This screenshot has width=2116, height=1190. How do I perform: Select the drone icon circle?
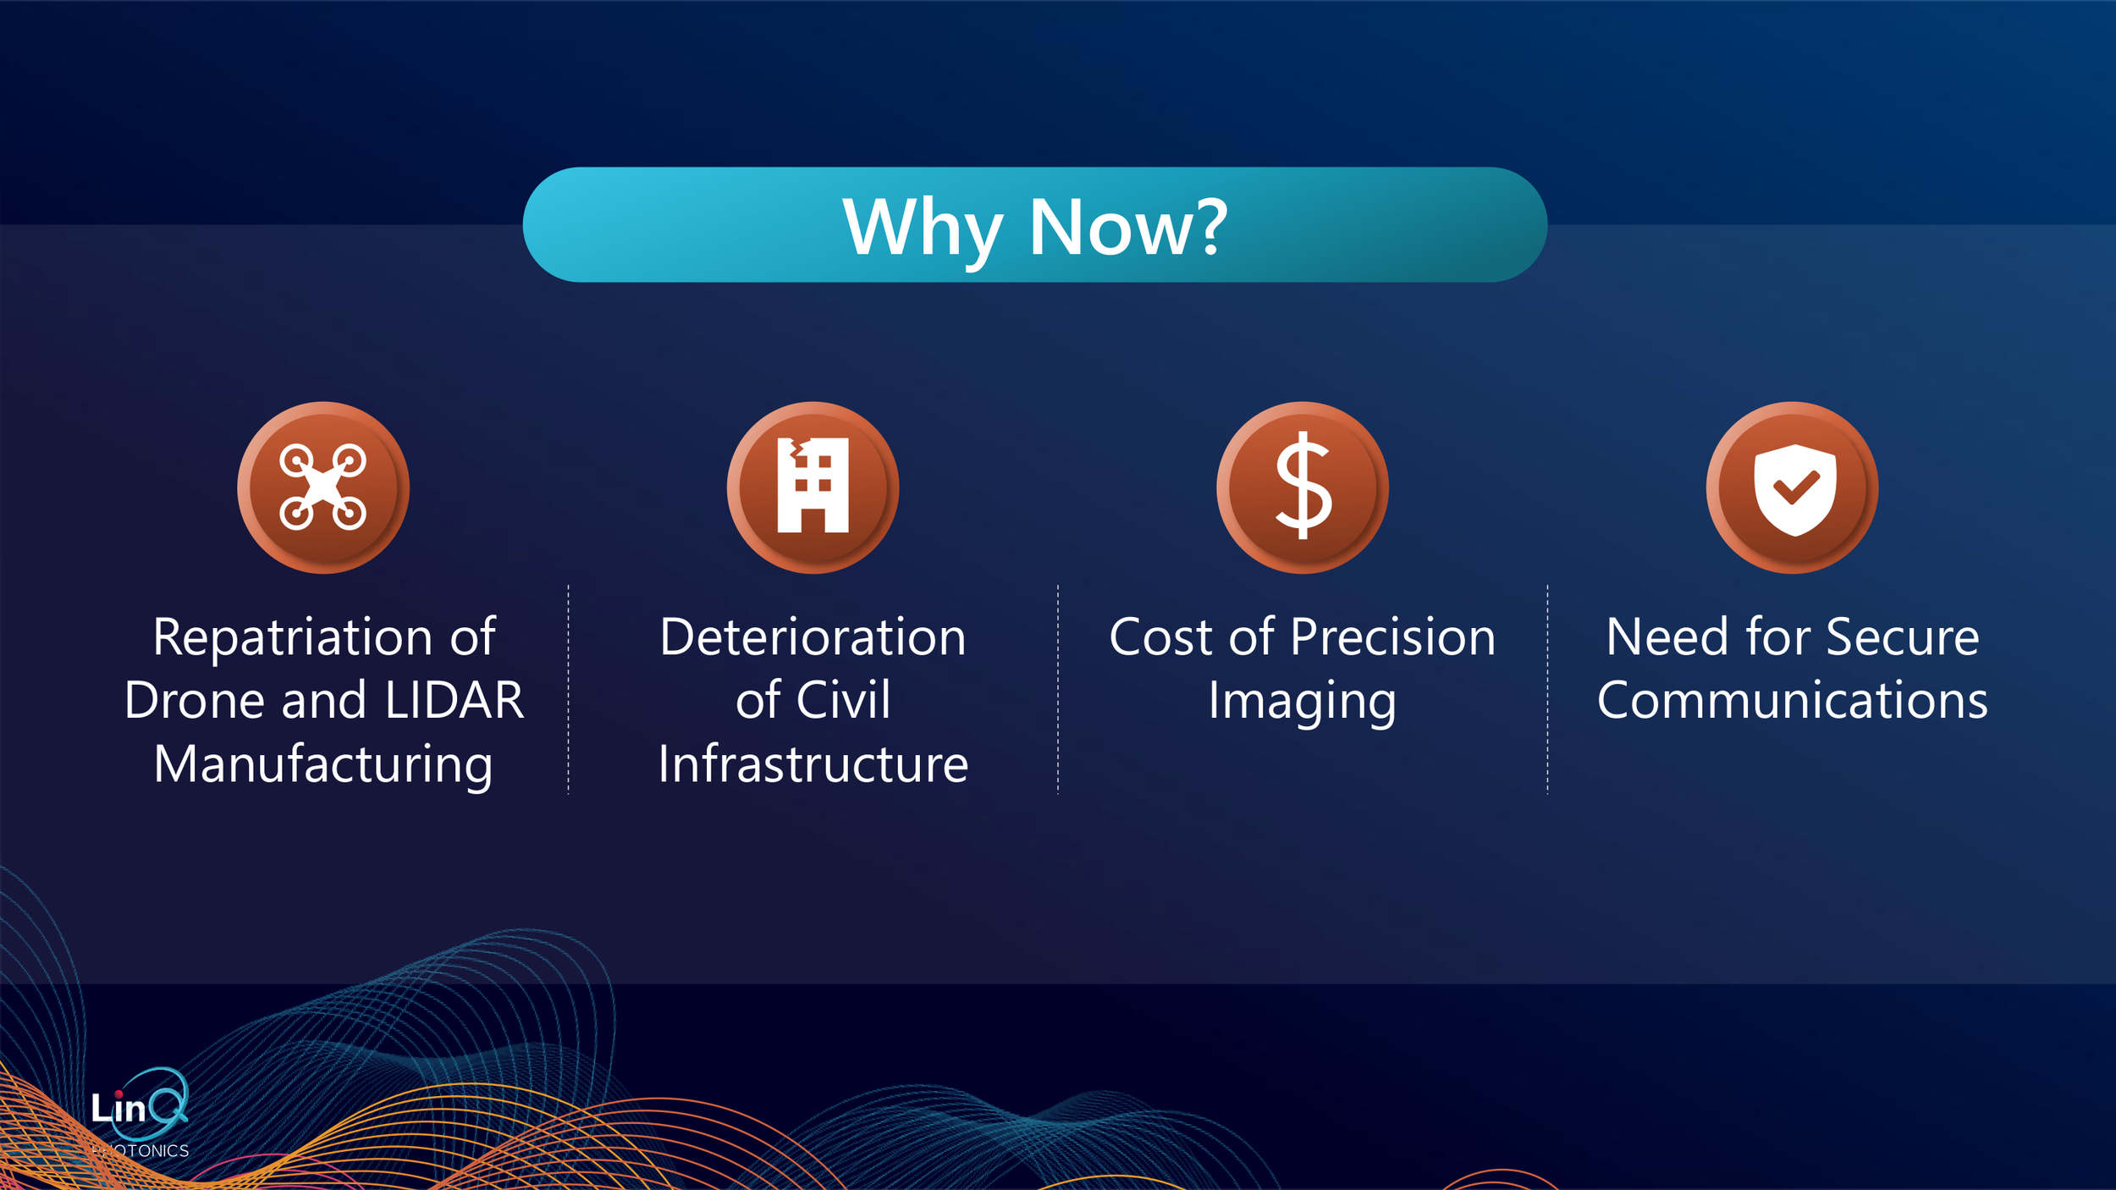(323, 488)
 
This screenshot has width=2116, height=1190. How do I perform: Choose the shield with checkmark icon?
(1793, 488)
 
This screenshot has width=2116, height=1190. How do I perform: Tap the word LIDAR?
(455, 700)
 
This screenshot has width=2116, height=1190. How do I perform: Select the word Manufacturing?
(323, 764)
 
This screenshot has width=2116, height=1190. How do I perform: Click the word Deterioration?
(813, 636)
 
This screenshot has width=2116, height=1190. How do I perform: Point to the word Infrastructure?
(813, 764)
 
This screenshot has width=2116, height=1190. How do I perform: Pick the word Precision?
(1392, 636)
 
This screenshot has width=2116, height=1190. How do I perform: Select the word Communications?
(1792, 700)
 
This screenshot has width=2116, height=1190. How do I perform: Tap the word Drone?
(195, 700)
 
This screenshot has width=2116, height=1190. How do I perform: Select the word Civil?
(843, 700)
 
